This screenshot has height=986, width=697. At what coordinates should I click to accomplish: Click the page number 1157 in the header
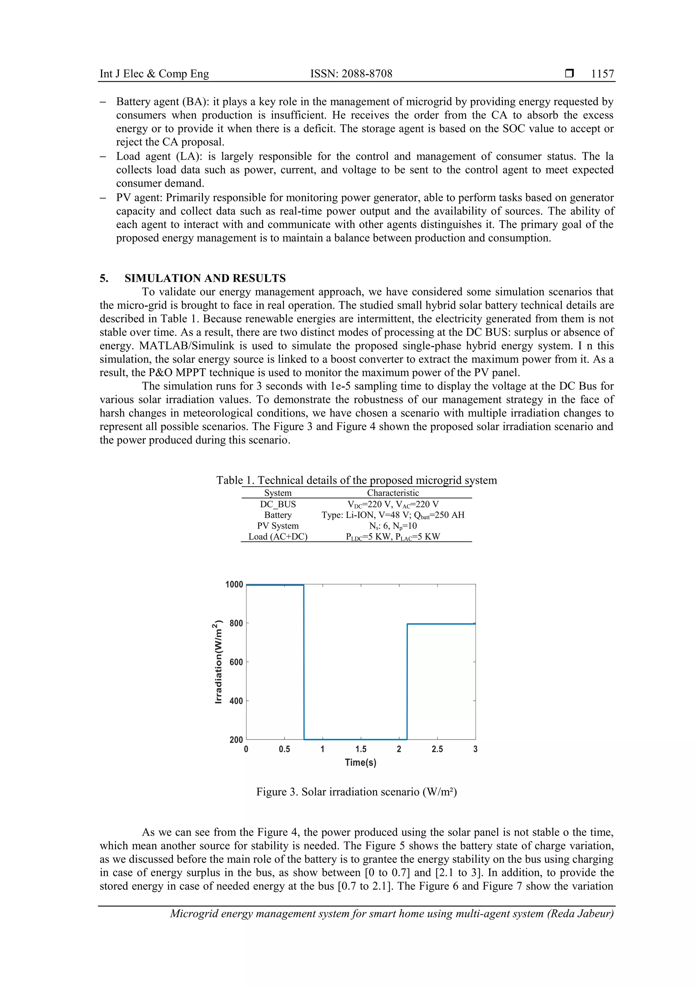pos(602,74)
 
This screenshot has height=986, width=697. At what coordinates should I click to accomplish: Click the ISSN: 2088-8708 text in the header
pos(351,74)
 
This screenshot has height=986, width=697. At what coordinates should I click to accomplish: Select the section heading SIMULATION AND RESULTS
pos(205,278)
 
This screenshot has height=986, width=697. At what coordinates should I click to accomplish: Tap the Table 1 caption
pos(356,480)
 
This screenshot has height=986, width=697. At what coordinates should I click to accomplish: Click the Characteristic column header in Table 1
pos(392,493)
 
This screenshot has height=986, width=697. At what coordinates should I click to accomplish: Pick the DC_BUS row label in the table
pos(278,504)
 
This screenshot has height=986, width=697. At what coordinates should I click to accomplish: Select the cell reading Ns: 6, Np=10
pos(392,526)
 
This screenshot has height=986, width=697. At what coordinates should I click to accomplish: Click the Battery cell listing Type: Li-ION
pos(392,515)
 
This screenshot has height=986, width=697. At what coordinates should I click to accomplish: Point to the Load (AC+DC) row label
pos(278,536)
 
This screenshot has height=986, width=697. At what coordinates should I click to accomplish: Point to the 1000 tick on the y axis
pos(234,584)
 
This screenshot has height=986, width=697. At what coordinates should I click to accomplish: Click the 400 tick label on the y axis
pos(236,701)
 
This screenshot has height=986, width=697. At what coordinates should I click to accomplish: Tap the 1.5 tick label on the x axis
pos(361,749)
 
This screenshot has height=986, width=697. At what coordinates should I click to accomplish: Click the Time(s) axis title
pos(360,763)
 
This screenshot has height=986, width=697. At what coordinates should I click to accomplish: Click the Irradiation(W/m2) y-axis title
pos(218,662)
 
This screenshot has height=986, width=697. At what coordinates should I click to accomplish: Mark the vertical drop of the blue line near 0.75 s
pos(304,661)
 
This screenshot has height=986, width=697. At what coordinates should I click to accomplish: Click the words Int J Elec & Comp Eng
pos(154,74)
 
